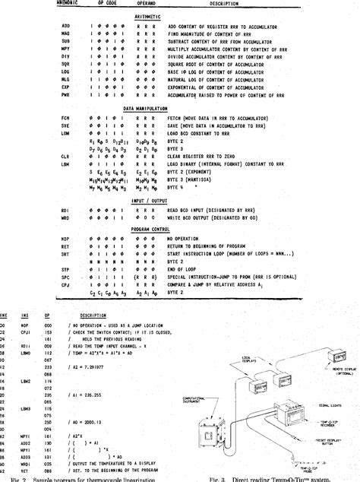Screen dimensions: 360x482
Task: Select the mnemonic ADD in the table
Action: pyautogui.click(x=65, y=25)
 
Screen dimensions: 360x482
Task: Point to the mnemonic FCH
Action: pyautogui.click(x=65, y=119)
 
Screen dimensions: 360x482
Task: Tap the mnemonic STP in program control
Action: pyautogui.click(x=65, y=268)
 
